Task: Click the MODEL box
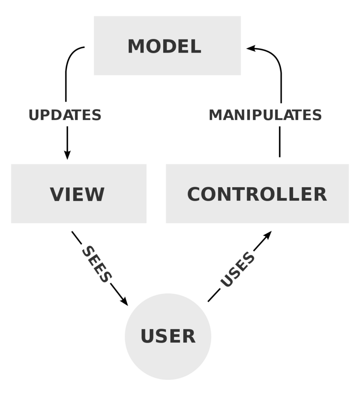(167, 46)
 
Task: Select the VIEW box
(78, 193)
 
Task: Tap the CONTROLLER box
(257, 193)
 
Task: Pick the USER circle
(168, 336)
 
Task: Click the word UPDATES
(65, 115)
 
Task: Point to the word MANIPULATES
(265, 115)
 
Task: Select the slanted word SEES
(97, 264)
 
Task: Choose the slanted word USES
(237, 270)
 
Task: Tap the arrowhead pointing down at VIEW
(67, 155)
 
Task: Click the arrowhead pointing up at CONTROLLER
(268, 235)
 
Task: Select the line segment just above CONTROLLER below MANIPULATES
(280, 142)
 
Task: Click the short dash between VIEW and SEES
(76, 237)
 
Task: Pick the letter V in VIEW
(57, 194)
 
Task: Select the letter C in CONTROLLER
(196, 194)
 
